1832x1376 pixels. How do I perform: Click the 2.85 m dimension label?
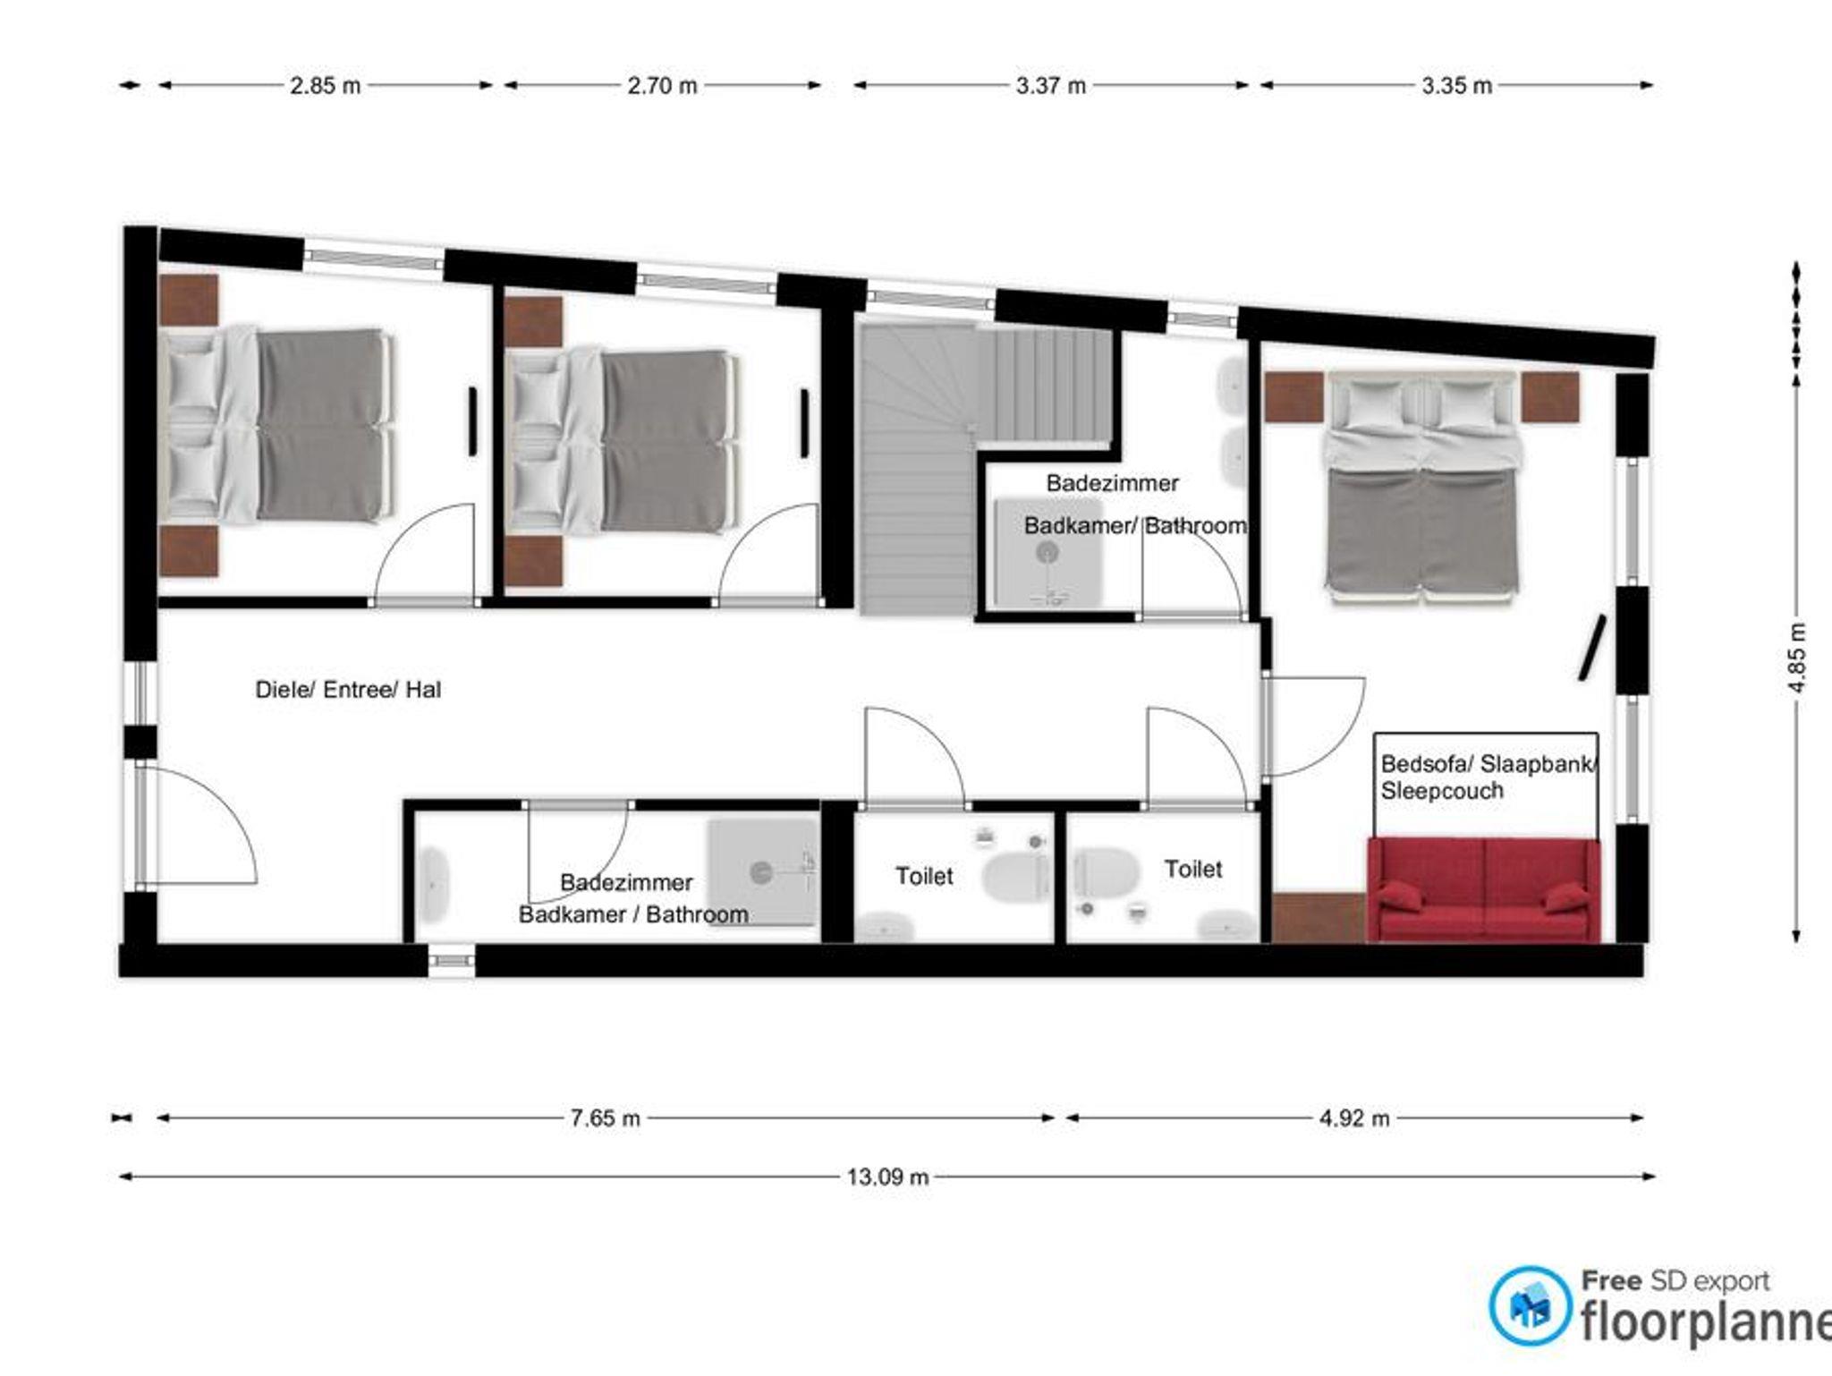click(x=325, y=86)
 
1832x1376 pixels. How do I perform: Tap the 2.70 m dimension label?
click(x=662, y=86)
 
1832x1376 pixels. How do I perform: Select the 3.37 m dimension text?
click(x=1051, y=86)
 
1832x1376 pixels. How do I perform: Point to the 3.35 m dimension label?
click(x=1457, y=86)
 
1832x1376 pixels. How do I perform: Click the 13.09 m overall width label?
click(x=887, y=1176)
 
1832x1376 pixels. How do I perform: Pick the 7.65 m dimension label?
click(x=606, y=1118)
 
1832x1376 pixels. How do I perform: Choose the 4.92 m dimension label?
click(x=1354, y=1118)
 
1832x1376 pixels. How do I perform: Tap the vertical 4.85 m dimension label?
click(x=1798, y=657)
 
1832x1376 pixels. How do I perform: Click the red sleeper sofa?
click(x=1483, y=889)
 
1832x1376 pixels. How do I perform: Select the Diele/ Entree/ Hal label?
click(x=348, y=690)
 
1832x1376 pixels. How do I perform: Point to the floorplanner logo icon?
click(x=1531, y=1305)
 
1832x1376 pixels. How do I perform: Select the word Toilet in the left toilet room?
click(x=924, y=876)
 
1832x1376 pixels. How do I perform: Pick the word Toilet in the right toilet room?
click(x=1193, y=869)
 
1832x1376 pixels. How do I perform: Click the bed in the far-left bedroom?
click(x=276, y=426)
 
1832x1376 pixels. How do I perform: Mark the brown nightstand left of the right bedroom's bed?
click(x=1293, y=397)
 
